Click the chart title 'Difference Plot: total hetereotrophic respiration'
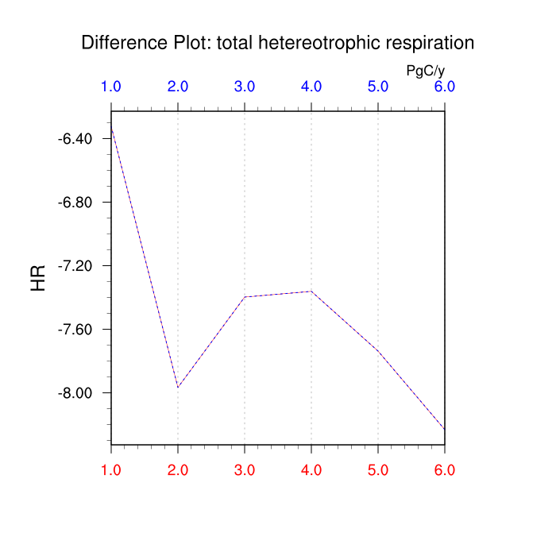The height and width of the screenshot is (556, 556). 277,43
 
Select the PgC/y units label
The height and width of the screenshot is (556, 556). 425,71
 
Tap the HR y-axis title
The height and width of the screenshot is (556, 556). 38,278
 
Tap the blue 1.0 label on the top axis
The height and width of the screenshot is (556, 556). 111,87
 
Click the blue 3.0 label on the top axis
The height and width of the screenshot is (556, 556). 245,87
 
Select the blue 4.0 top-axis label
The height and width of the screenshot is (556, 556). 311,87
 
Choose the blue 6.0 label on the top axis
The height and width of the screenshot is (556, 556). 444,87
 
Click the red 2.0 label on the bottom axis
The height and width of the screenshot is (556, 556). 178,469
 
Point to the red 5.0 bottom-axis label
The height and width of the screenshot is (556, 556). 378,469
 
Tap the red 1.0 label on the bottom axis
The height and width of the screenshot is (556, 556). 111,469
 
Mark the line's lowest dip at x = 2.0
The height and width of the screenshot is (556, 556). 178,388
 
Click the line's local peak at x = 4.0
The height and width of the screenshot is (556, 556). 311,292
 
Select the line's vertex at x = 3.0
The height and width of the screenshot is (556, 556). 245,297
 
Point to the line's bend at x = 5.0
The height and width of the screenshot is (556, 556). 378,351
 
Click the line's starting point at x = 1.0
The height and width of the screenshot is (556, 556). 111,127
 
